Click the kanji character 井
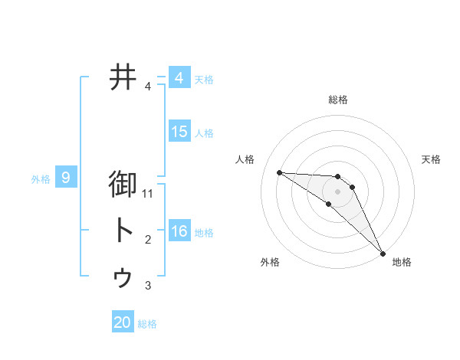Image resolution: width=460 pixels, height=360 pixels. pyautogui.click(x=123, y=77)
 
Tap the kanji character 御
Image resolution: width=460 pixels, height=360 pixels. pyautogui.click(x=123, y=185)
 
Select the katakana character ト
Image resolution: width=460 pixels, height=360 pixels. pyautogui.click(x=123, y=231)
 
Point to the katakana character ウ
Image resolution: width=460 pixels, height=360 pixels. pyautogui.click(x=123, y=277)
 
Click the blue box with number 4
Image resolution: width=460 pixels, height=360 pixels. pyautogui.click(x=179, y=78)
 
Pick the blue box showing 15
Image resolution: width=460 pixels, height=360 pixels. pyautogui.click(x=179, y=132)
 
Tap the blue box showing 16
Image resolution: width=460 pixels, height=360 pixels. pyautogui.click(x=179, y=231)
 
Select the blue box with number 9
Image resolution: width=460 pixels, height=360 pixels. pyautogui.click(x=66, y=178)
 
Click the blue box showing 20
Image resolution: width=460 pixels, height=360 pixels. pyautogui.click(x=123, y=322)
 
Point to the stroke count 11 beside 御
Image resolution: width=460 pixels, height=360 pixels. pyautogui.click(x=148, y=195)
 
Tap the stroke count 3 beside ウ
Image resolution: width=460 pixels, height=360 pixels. pyautogui.click(x=148, y=286)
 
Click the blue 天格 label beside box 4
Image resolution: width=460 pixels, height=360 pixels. pyautogui.click(x=204, y=80)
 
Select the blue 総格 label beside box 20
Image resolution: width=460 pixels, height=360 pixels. pyautogui.click(x=147, y=324)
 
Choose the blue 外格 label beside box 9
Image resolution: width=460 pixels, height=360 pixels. pyautogui.click(x=41, y=180)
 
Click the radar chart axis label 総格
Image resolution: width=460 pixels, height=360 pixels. pyautogui.click(x=337, y=100)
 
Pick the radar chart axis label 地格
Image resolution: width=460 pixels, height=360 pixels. pyautogui.click(x=402, y=262)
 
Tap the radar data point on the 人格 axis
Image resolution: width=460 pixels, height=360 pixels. pyautogui.click(x=279, y=172)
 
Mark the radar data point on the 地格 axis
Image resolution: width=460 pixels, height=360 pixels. pyautogui.click(x=383, y=253)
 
